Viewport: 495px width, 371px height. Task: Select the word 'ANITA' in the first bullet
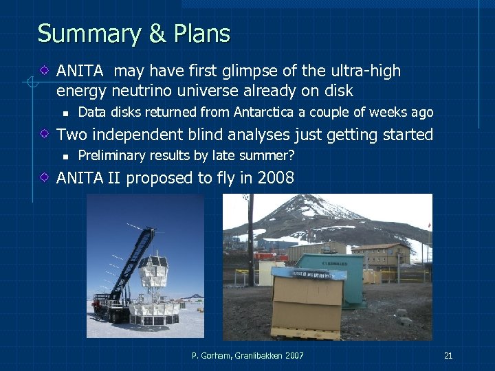(80, 71)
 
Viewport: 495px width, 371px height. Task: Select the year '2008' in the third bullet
(275, 178)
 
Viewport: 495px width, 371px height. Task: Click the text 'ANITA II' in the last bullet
(89, 178)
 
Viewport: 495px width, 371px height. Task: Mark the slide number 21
(448, 355)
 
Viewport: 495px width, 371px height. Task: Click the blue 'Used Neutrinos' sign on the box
(307, 274)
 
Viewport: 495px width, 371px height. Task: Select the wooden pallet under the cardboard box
(307, 333)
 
